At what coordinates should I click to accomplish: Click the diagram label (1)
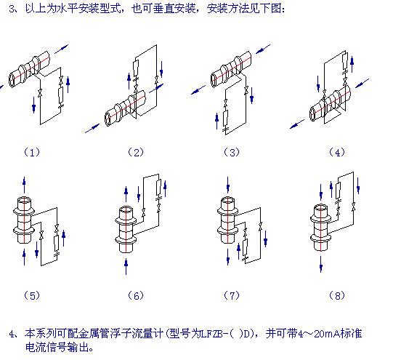coord(32,153)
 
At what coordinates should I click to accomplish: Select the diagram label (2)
coord(136,153)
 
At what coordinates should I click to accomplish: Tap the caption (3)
coord(232,153)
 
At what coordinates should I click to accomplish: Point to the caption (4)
coord(337,153)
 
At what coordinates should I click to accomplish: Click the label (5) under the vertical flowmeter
coord(32,296)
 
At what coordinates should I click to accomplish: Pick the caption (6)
coord(136,296)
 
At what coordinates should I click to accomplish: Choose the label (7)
coord(232,296)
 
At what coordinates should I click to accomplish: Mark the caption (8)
coord(337,296)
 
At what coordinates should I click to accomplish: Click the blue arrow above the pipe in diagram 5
coord(24,185)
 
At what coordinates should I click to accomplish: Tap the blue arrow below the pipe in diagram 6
coord(126,266)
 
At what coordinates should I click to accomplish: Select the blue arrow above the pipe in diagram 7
coord(228,185)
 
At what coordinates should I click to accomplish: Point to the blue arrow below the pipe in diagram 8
coord(321,264)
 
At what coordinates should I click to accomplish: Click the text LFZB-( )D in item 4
coord(226,334)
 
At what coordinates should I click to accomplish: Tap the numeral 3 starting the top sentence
coord(12,9)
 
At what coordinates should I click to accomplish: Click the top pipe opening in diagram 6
coord(126,210)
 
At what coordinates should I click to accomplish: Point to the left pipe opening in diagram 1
coord(12,80)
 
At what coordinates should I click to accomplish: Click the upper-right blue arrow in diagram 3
coord(263,49)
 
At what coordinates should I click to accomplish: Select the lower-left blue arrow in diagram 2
coord(92,128)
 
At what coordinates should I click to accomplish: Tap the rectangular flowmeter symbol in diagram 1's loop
coord(61,95)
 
